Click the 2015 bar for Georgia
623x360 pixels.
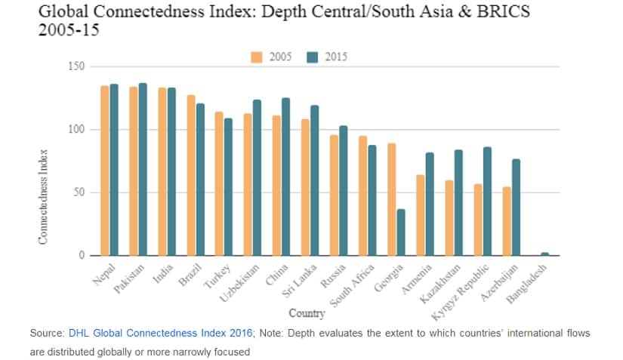pyautogui.click(x=401, y=232)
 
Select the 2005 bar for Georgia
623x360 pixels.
pyautogui.click(x=392, y=199)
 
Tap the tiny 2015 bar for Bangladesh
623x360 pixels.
pyautogui.click(x=544, y=254)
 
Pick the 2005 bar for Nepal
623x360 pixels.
pyautogui.click(x=105, y=171)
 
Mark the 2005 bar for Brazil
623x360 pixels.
pyautogui.click(x=191, y=175)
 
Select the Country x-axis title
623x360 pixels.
pyautogui.click(x=307, y=312)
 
